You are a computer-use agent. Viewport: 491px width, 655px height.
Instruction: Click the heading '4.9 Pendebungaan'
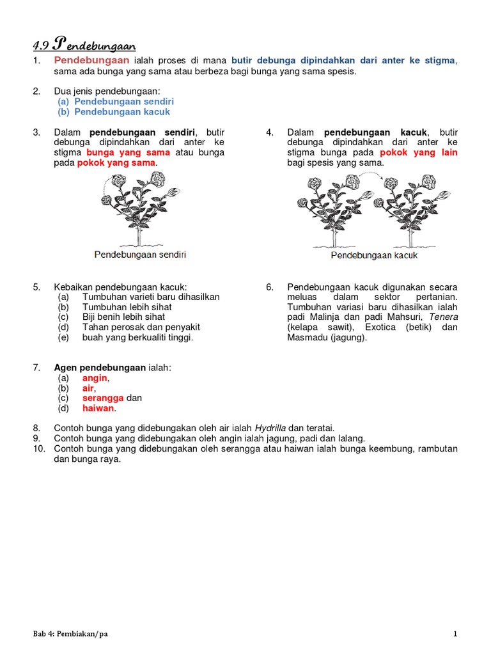pos(84,45)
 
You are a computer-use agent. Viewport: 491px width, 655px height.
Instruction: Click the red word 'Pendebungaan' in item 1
pos(91,60)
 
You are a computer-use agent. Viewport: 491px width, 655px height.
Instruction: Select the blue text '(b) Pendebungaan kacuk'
pos(114,111)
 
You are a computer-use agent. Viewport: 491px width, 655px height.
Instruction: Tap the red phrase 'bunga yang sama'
pos(128,152)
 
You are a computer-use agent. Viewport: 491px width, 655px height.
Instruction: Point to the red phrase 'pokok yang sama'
pos(116,162)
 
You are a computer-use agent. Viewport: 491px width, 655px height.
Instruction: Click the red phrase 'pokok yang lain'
pos(419,152)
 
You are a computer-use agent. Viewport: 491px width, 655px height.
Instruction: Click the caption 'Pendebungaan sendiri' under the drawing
pos(141,255)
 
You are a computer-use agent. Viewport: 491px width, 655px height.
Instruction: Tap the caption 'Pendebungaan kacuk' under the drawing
pos(374,255)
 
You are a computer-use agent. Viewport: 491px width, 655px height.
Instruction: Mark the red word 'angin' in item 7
pos(95,377)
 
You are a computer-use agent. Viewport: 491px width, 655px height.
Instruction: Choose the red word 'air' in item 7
pos(88,388)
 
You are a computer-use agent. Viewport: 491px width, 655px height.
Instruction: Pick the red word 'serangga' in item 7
pos(103,398)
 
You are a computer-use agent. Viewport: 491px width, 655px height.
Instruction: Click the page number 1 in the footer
pos(455,634)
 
